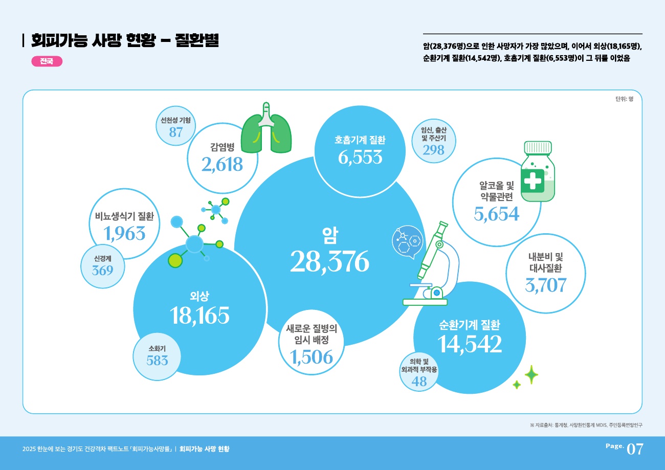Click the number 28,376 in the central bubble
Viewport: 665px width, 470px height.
pyautogui.click(x=329, y=262)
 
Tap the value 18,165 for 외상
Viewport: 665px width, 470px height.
pyautogui.click(x=201, y=316)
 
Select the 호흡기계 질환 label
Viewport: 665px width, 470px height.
pyautogui.click(x=360, y=140)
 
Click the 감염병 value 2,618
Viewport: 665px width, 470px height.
pyautogui.click(x=222, y=164)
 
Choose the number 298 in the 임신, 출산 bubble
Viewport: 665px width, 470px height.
pyautogui.click(x=433, y=149)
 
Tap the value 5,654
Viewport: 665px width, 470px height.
pyautogui.click(x=496, y=214)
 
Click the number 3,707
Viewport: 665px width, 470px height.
pyautogui.click(x=545, y=284)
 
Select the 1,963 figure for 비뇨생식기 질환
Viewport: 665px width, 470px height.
pyautogui.click(x=124, y=234)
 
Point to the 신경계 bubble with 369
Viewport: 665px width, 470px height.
pyautogui.click(x=102, y=266)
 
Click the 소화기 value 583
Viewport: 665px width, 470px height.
pyautogui.click(x=157, y=360)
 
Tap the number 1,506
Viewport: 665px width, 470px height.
pyautogui.click(x=311, y=357)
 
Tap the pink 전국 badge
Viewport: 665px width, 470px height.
pyautogui.click(x=47, y=61)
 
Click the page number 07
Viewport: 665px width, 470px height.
pyautogui.click(x=634, y=449)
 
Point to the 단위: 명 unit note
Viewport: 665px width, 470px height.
pyautogui.click(x=624, y=99)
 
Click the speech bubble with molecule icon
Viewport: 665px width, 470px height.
pyautogui.click(x=407, y=241)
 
